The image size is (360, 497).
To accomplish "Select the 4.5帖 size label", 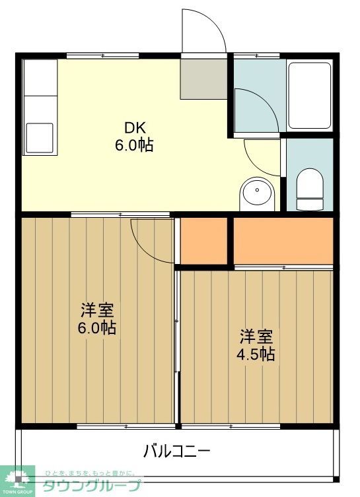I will pyautogui.click(x=256, y=354).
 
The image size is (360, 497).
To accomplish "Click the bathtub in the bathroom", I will pyautogui.click(x=310, y=96).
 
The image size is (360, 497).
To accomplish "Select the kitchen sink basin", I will pyautogui.click(x=39, y=137).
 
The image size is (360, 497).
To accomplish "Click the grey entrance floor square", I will pyautogui.click(x=203, y=79).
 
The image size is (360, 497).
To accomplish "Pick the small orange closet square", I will pyautogui.click(x=203, y=242).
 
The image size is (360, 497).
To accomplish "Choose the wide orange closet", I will pyautogui.click(x=283, y=241).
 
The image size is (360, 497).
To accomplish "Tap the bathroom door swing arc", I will pyautogui.click(x=256, y=106).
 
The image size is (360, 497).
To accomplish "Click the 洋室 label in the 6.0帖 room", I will pyautogui.click(x=98, y=309).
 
